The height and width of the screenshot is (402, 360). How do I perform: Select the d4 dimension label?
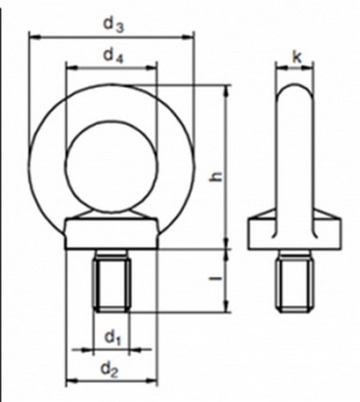coord(113,55)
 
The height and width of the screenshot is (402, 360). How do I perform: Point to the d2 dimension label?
coord(112,371)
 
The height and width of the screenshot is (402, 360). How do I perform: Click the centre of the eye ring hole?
coord(112,168)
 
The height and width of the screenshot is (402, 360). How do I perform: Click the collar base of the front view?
coord(112,236)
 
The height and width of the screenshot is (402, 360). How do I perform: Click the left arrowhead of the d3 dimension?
coord(31,36)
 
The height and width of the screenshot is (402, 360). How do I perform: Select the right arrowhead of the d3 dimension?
coord(191,36)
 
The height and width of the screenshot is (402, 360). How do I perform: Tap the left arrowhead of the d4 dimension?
coord(68,68)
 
